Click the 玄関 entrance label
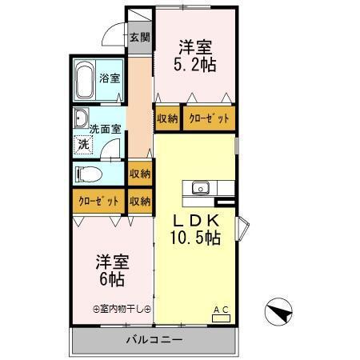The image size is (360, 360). pos(139,37)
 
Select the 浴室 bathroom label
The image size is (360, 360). pos(110,78)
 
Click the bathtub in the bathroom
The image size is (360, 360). pos(86,80)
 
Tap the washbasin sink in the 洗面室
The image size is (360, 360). pos(82,119)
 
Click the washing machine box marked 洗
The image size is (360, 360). pos(82,145)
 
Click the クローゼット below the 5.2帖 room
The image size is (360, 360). pos(209,118)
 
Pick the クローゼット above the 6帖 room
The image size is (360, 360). pos(98,202)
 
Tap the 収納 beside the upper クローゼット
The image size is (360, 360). pos(167,118)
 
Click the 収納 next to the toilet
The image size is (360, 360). pos(139,174)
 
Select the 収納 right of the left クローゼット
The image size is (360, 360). pos(139,202)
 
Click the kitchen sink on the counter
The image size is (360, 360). pos(199,189)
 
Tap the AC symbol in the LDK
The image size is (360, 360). pos(220,314)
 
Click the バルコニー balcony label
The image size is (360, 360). pos(154,340)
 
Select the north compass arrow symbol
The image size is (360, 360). pos(278,310)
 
